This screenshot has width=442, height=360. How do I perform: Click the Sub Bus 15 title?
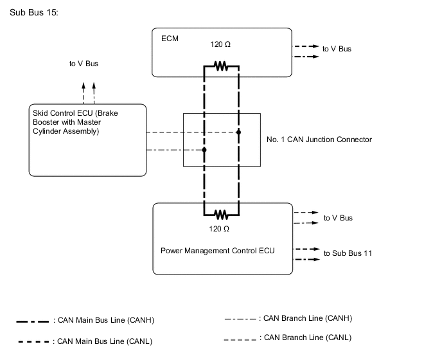coord(35,13)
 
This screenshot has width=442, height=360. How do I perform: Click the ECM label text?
coord(170,39)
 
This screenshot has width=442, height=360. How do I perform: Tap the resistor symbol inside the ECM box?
coord(221,66)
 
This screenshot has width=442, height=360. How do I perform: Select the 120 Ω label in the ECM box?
coord(220,45)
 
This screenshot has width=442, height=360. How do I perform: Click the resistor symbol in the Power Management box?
coord(221,215)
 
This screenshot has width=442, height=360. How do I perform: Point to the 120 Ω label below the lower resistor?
coord(220,229)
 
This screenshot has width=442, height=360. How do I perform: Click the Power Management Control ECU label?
coord(217,250)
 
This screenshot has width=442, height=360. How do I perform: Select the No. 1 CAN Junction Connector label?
coord(319,139)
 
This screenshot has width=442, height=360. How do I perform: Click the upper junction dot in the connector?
coord(238,132)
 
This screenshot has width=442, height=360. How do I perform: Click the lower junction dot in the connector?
coord(204,150)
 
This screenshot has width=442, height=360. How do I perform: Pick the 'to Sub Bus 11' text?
coord(348,253)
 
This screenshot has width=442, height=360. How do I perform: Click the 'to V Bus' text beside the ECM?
coord(337,49)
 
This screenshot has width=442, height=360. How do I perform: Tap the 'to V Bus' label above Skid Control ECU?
coord(84,64)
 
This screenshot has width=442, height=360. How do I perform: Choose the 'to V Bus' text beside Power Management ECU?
coord(338,218)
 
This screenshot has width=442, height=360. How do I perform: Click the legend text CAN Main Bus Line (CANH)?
coord(103,319)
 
